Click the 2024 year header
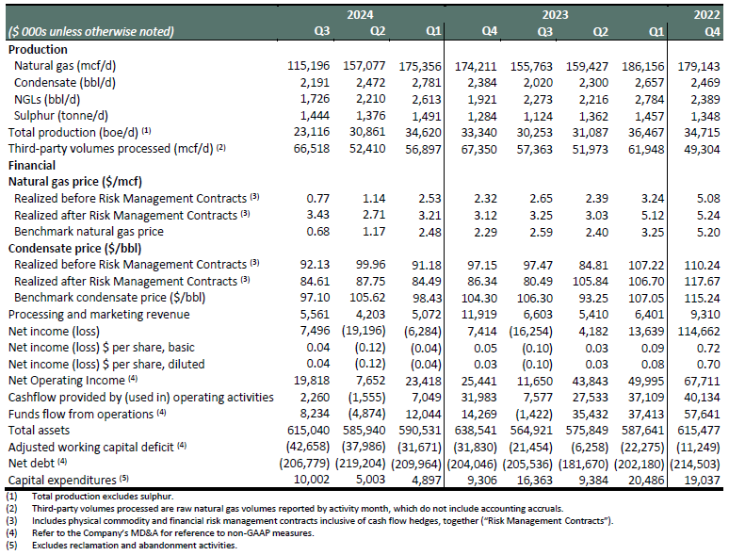pos(360,15)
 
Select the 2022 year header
pos(706,15)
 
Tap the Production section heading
pos(38,49)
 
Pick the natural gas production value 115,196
pos(308,66)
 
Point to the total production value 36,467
pos(646,132)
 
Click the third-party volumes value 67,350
pos(478,149)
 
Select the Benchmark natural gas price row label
pos(89,232)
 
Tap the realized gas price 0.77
pos(318,199)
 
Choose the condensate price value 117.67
pos(702,282)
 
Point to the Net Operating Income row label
pos(67,381)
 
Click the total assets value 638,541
pos(476,431)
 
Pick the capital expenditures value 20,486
pos(646,480)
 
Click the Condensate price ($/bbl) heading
pos(74,249)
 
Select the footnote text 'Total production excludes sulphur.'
pos(103,497)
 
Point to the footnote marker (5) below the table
pos(11,545)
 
